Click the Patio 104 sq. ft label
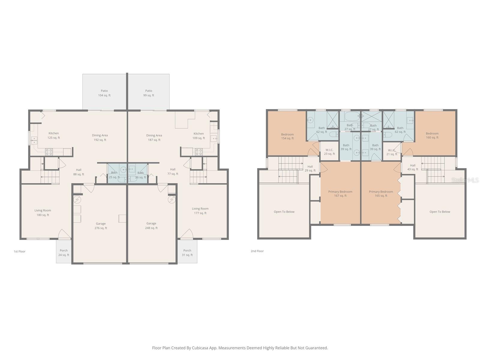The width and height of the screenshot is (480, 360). [104, 93]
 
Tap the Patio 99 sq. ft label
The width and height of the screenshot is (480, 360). [148, 93]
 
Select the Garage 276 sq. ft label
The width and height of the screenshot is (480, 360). [101, 226]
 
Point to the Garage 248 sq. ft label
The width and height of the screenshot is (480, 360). [151, 226]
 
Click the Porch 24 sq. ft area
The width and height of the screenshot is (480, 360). [64, 253]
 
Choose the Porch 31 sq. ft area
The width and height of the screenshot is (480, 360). [187, 253]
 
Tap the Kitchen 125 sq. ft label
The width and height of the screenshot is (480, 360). [54, 135]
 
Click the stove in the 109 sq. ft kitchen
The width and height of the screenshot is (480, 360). [199, 152]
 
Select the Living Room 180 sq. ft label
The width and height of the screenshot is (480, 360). [43, 212]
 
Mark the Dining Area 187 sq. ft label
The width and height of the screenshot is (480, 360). [154, 137]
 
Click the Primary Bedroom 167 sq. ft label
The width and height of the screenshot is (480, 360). [340, 193]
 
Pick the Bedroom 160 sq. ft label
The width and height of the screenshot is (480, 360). [432, 135]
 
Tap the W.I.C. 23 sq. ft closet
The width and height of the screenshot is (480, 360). [329, 152]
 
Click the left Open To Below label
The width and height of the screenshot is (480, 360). [284, 212]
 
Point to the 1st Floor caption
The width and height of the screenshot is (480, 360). [19, 251]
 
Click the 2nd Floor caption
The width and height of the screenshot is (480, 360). [257, 251]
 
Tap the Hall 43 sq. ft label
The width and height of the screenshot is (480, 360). [413, 167]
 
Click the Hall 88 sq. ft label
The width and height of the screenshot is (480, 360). [79, 172]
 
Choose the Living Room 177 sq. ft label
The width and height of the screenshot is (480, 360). [200, 211]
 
